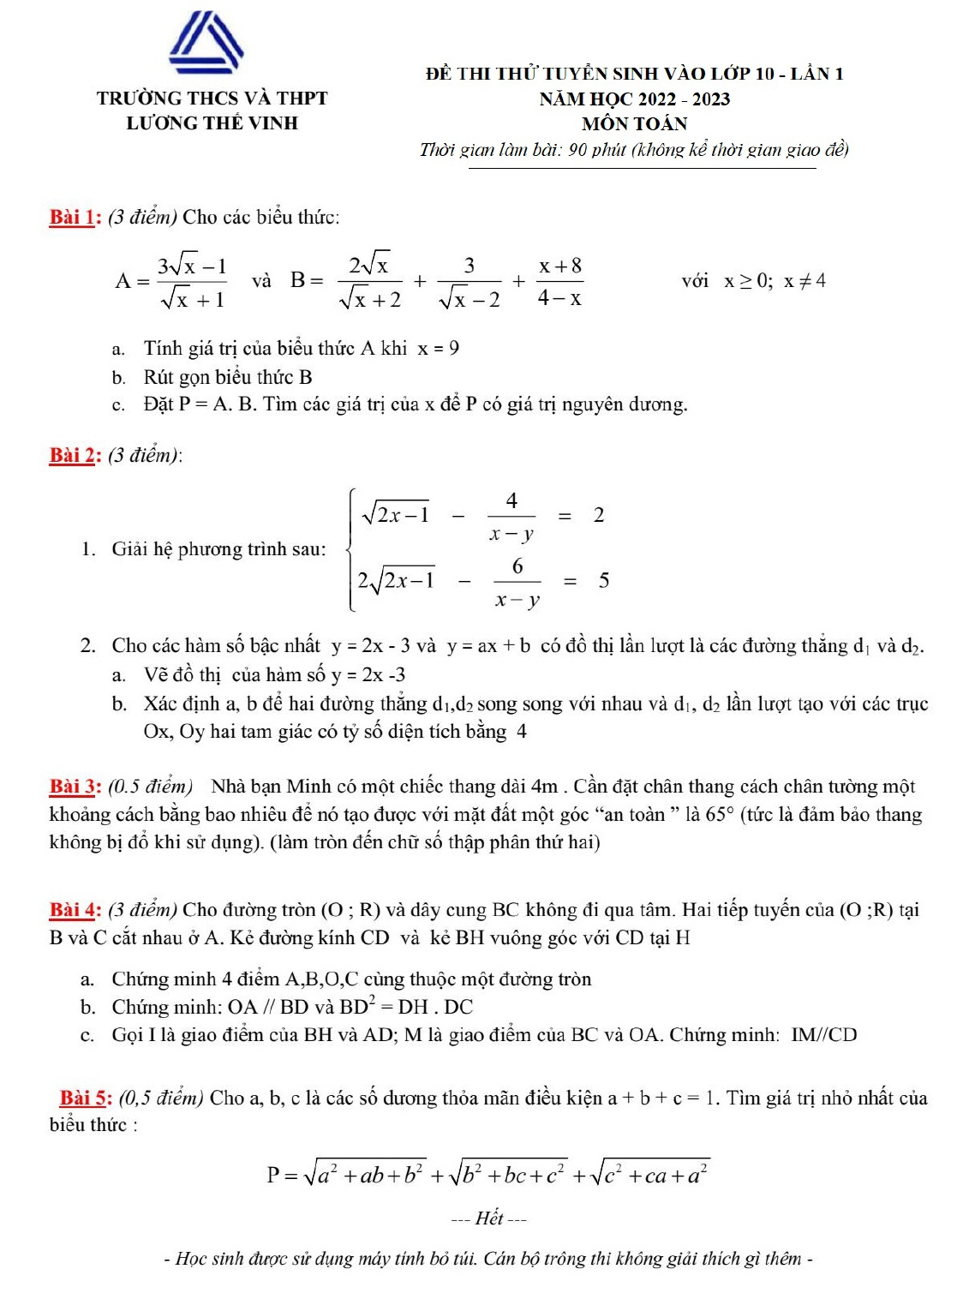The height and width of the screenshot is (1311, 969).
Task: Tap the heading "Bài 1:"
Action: click(x=75, y=217)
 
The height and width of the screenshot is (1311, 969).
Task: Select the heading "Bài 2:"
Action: click(x=75, y=455)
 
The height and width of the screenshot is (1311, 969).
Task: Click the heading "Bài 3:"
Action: click(x=75, y=786)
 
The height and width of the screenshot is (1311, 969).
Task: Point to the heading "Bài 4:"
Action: click(x=75, y=909)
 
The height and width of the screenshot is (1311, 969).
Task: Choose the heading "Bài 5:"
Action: click(x=86, y=1098)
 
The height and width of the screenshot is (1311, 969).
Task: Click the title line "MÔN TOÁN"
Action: click(x=634, y=124)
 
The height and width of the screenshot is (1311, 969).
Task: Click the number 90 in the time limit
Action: click(x=577, y=150)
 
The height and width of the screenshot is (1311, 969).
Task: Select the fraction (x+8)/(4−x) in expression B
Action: click(x=559, y=281)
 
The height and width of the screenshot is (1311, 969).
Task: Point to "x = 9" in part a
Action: click(x=439, y=348)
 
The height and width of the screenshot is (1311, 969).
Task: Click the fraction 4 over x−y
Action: click(x=511, y=516)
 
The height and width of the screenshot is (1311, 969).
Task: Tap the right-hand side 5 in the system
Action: click(x=604, y=581)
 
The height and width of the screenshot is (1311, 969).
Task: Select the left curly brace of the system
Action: click(x=351, y=549)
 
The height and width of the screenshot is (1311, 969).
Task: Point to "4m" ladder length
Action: click(x=545, y=786)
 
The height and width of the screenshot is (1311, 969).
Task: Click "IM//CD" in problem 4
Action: click(x=823, y=1034)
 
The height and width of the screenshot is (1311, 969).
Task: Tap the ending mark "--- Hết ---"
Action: click(x=489, y=1218)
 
